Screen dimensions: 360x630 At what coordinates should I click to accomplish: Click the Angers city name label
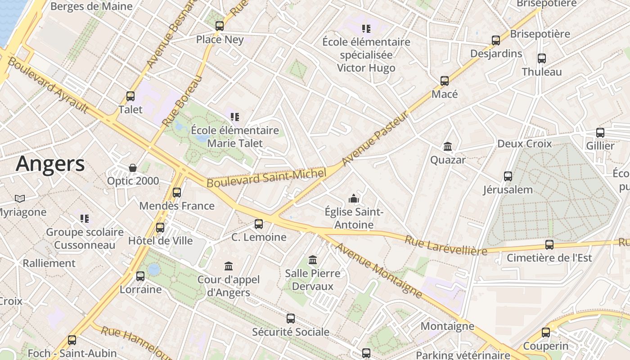tap(50, 164)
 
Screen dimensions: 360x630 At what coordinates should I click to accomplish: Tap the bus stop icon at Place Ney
tap(220, 26)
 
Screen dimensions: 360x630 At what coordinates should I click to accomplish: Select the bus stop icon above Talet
tap(130, 96)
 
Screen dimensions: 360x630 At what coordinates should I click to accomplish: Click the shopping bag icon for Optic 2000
tap(133, 168)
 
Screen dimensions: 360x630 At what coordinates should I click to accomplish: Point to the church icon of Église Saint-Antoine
tap(354, 198)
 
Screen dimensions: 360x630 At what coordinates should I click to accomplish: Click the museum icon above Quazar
tap(448, 147)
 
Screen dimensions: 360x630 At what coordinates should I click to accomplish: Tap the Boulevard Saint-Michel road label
tap(266, 178)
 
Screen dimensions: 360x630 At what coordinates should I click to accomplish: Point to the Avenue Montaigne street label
tap(378, 270)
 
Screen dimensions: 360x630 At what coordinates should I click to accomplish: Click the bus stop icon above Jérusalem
tap(508, 176)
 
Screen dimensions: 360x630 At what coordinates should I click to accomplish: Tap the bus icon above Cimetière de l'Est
tap(549, 245)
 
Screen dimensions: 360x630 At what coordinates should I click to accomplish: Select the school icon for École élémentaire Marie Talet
tap(234, 117)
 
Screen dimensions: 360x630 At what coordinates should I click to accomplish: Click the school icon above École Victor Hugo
tap(366, 29)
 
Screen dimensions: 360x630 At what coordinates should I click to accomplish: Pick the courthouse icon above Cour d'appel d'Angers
tap(229, 266)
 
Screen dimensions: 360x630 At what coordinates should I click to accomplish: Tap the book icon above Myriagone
tap(20, 198)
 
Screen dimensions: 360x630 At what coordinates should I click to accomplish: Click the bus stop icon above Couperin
tap(546, 333)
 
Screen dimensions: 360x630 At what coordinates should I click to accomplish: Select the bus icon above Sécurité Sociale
tap(291, 319)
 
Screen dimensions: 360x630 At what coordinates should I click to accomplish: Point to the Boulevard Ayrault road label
tap(48, 85)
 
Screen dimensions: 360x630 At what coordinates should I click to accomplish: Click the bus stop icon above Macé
tap(445, 81)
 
